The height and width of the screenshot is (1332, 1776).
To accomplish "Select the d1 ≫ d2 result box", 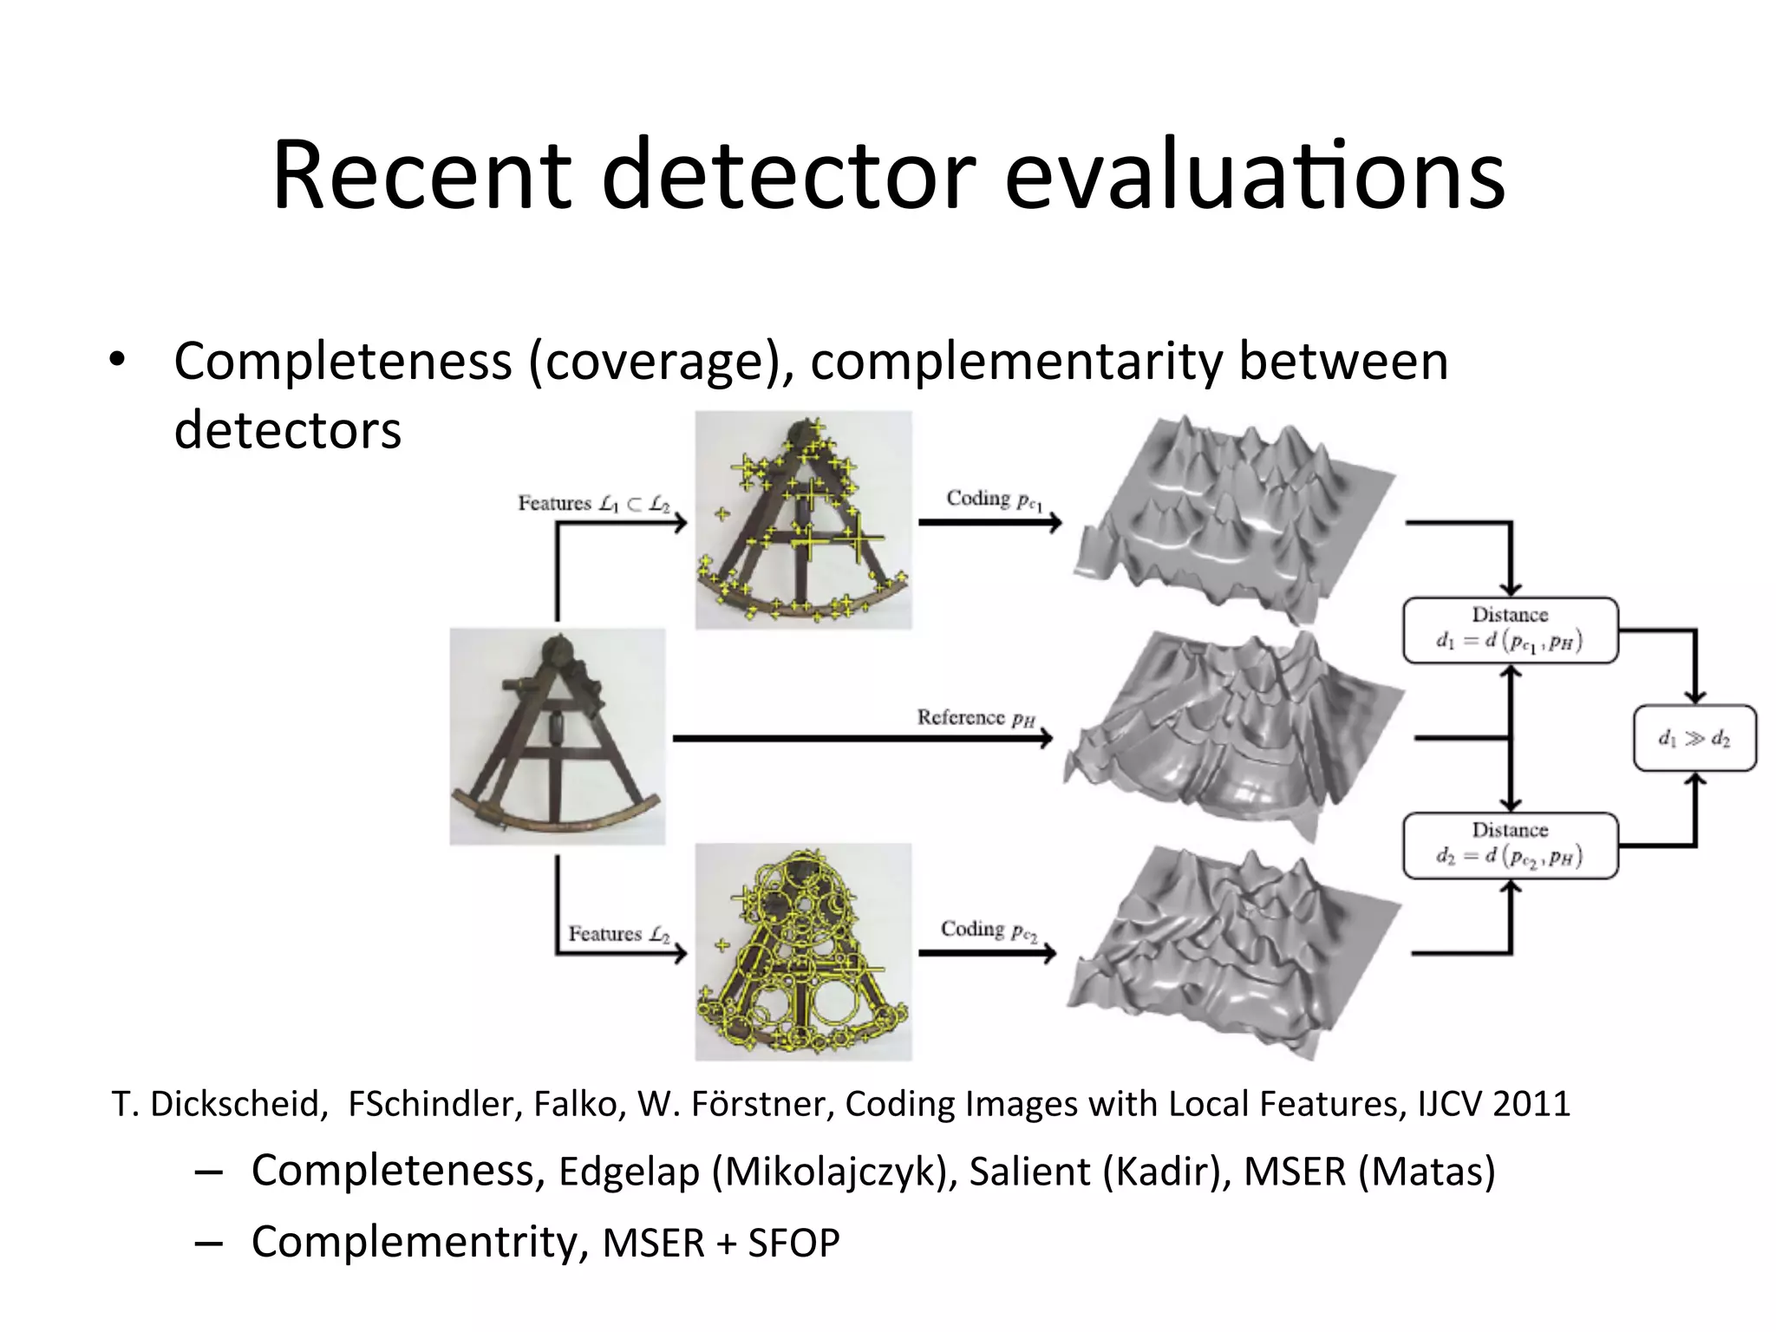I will point(1694,739).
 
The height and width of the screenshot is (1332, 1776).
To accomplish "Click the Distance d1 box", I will point(1510,630).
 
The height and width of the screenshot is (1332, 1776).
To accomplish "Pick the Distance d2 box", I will point(1510,846).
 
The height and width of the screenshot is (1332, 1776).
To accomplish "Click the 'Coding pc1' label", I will point(994,499).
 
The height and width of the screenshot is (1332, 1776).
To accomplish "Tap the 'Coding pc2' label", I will point(989,930).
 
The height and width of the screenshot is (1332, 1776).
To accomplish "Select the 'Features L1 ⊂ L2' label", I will point(594,504).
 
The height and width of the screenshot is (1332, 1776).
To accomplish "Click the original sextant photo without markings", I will point(557,737).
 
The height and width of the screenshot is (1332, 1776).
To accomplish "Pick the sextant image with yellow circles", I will point(803,951).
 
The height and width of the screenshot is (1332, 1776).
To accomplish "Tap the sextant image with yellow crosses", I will point(803,520).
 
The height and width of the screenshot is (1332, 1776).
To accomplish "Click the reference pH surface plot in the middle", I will point(1231,737).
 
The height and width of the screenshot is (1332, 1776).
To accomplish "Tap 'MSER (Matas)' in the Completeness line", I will point(1369,1172).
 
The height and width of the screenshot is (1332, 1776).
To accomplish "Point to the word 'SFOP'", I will point(793,1243).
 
